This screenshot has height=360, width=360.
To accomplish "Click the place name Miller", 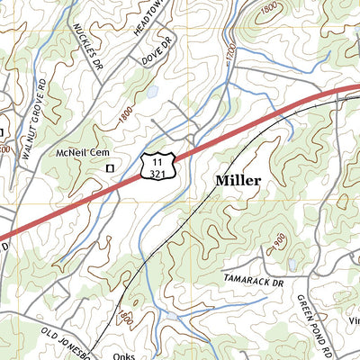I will (238, 181).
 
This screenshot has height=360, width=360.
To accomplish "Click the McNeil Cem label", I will (84, 152).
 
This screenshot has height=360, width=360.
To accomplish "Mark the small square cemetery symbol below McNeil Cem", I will (111, 167).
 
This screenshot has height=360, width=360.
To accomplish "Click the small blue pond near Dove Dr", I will (154, 91).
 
